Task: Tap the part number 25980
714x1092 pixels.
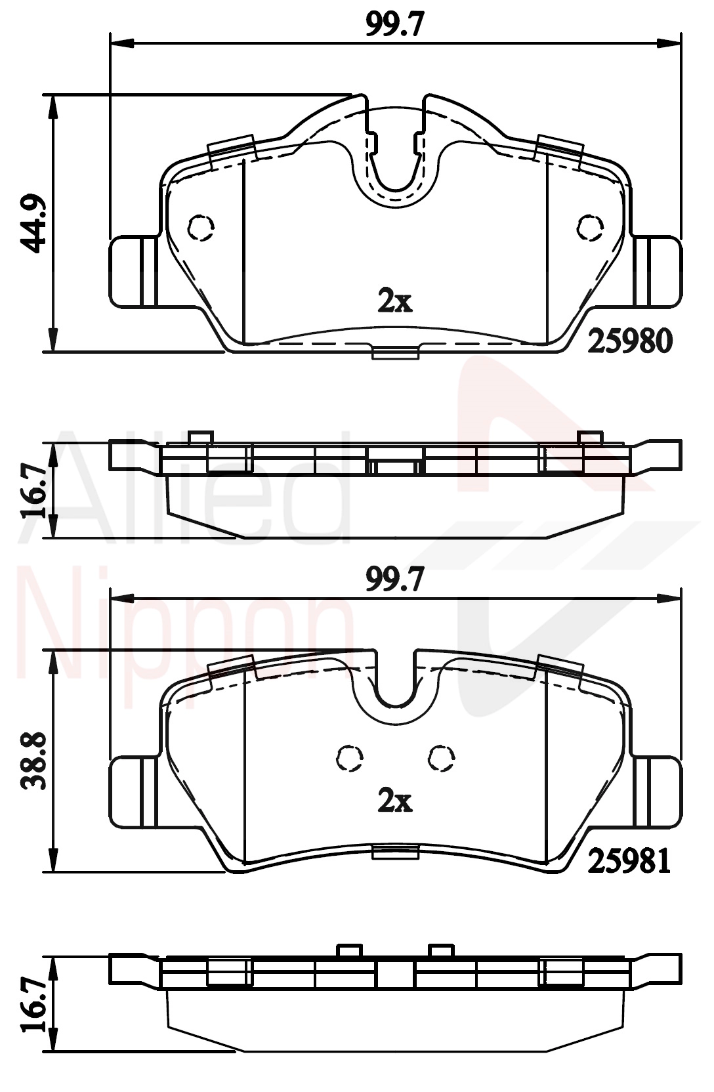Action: pyautogui.click(x=629, y=341)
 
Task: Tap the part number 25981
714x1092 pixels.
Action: pyautogui.click(x=629, y=860)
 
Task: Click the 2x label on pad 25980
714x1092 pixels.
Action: pyautogui.click(x=394, y=301)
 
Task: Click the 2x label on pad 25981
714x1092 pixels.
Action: pyautogui.click(x=394, y=801)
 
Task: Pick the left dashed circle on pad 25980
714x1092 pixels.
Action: pyautogui.click(x=201, y=227)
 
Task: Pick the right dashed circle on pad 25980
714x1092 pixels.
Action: pyautogui.click(x=590, y=227)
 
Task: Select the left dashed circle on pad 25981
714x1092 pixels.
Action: pyautogui.click(x=350, y=758)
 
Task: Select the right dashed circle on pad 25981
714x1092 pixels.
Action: pyautogui.click(x=442, y=758)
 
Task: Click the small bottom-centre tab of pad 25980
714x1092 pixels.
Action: pyautogui.click(x=395, y=353)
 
